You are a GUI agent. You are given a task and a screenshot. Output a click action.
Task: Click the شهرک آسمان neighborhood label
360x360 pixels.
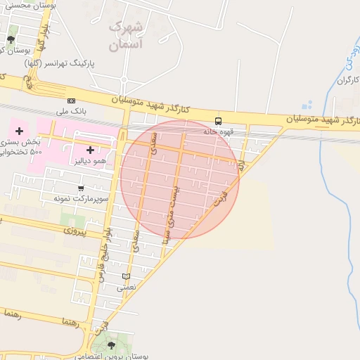click(127, 36)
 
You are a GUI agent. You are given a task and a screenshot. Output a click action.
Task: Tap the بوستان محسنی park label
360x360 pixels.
click(27, 6)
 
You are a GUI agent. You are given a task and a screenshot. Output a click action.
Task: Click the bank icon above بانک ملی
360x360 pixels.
click(71, 101)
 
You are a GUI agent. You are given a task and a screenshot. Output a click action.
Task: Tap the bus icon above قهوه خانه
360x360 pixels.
click(218, 121)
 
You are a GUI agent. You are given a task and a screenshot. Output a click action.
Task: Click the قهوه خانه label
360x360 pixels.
click(218, 131)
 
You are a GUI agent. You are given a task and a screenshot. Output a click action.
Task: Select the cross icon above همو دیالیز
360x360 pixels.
click(91, 150)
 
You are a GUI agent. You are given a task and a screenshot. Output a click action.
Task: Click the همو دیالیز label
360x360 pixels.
click(91, 160)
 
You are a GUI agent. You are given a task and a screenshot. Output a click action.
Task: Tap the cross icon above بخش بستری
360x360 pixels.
click(19, 131)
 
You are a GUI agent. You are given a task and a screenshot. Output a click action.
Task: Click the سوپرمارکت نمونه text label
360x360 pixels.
click(80, 198)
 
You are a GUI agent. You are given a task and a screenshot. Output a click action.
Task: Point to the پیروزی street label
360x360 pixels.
click(74, 230)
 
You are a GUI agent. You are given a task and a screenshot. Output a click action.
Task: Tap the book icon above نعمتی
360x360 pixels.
click(126, 276)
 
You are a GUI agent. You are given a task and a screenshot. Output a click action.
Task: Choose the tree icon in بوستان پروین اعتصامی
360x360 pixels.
click(110, 345)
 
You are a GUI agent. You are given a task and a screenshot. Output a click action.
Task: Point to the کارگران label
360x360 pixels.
click(348, 80)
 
